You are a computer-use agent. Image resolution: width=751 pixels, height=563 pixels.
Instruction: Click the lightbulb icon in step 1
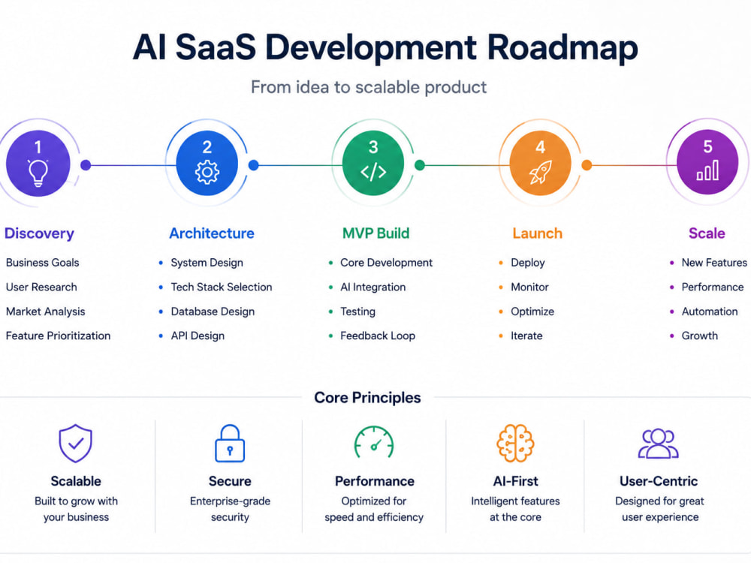38,173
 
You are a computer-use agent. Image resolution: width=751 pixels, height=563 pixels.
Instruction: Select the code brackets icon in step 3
373,171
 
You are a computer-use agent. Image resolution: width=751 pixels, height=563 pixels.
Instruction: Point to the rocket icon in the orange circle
540,172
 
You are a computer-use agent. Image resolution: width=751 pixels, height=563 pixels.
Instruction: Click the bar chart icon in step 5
707,170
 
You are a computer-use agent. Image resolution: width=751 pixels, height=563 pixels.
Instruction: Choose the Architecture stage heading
212,233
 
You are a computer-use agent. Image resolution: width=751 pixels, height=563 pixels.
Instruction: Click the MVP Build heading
376,233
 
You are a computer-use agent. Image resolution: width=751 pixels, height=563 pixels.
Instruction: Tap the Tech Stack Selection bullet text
222,287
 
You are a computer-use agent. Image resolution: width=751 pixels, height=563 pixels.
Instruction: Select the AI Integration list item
372,287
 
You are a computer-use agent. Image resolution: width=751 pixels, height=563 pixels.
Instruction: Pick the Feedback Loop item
378,336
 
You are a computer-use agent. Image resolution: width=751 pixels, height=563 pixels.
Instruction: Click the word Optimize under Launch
532,312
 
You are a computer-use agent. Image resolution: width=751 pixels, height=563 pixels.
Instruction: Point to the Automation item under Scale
710,312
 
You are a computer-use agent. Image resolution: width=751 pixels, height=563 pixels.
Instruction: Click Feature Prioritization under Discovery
58,336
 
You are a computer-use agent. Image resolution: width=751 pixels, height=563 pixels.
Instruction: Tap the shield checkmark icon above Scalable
76,444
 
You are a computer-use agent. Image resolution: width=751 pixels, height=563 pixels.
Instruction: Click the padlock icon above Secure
230,444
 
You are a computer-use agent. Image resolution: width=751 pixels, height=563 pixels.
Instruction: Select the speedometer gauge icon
374,442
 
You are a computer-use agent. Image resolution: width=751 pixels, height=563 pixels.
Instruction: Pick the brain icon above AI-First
515,444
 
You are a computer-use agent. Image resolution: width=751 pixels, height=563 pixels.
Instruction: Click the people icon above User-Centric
659,444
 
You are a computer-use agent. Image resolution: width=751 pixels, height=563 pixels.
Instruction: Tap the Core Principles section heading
367,397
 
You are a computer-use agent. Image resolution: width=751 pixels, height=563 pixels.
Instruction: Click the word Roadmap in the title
562,48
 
